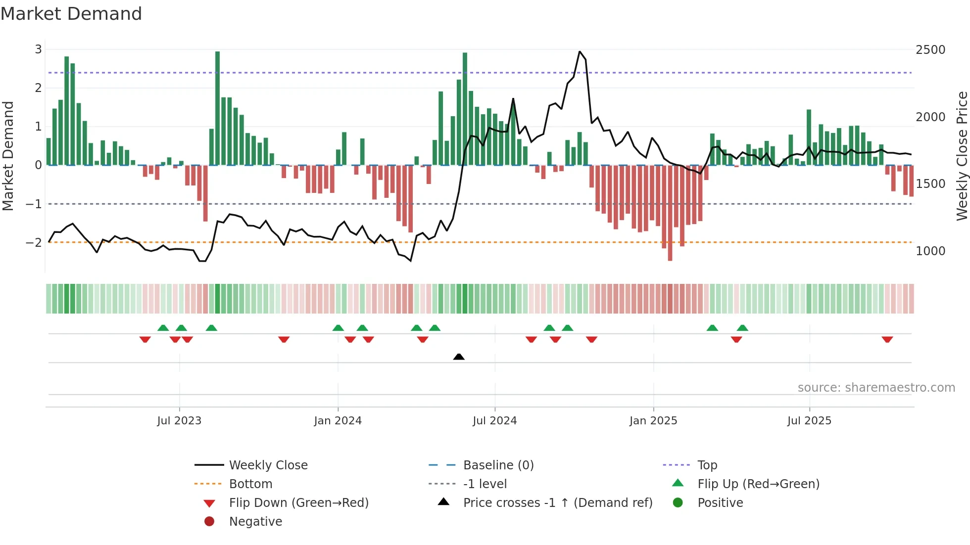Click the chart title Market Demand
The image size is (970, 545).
71,14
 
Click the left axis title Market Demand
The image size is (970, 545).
8,156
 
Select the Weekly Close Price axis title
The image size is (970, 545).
962,156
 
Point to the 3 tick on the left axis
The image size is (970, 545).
38,49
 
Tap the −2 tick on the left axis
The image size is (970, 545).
34,242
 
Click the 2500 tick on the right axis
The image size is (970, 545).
930,49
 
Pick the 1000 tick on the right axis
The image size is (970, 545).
930,251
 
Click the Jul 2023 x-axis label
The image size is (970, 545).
179,421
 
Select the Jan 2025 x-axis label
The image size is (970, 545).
653,421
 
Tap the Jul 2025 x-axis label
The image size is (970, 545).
809,421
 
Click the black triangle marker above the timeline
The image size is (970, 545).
459,357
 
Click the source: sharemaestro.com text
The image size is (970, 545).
876,388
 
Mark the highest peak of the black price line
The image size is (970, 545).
580,51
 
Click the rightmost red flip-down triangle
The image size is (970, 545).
887,339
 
